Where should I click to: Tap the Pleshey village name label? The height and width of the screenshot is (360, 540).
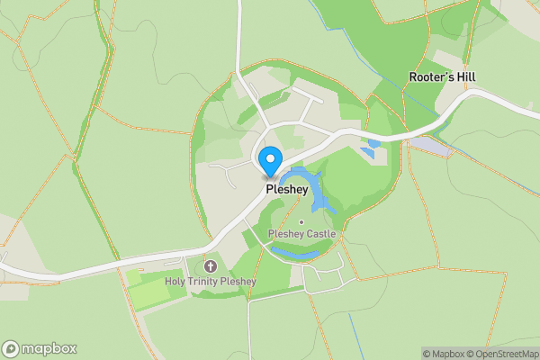[x=287, y=191]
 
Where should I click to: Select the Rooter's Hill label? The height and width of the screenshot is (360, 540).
[x=442, y=77]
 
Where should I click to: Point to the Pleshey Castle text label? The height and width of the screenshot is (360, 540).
[x=302, y=234]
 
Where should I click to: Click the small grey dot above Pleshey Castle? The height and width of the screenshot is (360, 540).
[x=301, y=222]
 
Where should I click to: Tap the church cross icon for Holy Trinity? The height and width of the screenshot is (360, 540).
[x=211, y=266]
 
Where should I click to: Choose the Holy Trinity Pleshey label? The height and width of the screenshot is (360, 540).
[x=211, y=282]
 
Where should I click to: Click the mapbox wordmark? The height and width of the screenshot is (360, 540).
[x=49, y=348]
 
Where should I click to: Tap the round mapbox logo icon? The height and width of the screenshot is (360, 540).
[x=11, y=348]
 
